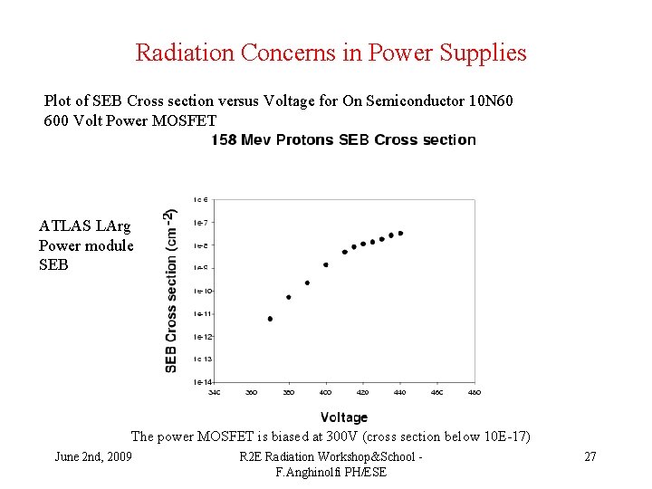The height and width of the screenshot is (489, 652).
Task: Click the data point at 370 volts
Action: pos(270,319)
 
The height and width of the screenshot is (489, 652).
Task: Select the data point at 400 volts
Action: pos(326,264)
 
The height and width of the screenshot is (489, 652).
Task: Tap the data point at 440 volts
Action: pos(400,233)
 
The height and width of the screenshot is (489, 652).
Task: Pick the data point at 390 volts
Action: pos(307,283)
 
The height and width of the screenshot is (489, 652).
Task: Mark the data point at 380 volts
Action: pos(288,297)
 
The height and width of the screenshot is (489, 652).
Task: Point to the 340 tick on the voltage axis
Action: pos(215,392)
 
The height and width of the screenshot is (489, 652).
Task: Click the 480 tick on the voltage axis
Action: pos(475,392)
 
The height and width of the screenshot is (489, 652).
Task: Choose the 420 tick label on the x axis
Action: pos(363,392)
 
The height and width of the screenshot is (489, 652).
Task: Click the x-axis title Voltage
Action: pos(344,417)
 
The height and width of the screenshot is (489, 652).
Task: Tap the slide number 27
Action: pos(590,456)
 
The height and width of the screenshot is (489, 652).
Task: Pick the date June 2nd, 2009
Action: pos(93,456)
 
